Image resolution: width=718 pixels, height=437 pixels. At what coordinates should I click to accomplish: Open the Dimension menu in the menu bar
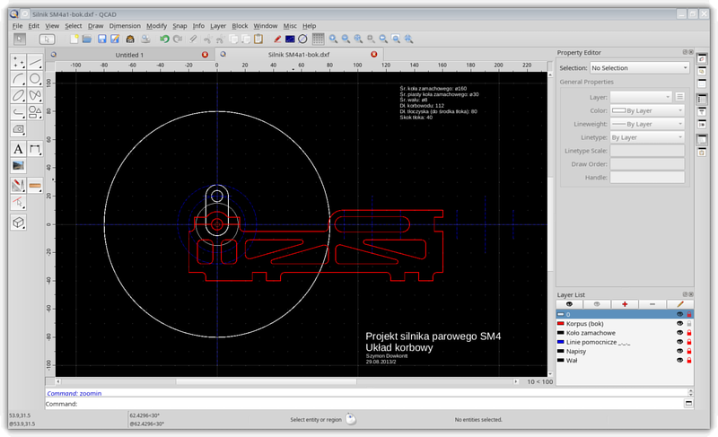point(124,26)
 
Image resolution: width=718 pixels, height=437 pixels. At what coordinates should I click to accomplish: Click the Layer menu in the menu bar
point(218,26)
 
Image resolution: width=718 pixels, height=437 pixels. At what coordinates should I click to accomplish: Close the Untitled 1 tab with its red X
point(205,55)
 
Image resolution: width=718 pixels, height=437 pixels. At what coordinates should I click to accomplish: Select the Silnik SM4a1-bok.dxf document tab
point(299,55)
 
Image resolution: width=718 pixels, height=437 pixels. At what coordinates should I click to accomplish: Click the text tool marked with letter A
point(18,149)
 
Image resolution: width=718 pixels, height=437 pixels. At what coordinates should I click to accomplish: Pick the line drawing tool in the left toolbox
point(35,63)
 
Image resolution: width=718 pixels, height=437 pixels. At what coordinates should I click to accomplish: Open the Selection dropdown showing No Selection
point(638,68)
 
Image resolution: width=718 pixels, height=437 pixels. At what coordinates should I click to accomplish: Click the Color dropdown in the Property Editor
point(647,109)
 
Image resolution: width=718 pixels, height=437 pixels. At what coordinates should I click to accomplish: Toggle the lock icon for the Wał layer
point(688,362)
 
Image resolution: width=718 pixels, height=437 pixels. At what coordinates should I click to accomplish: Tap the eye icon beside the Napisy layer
point(679,353)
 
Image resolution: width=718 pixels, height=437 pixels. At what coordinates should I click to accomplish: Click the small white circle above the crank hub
point(216,197)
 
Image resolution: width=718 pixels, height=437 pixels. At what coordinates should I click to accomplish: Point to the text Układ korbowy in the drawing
point(400,347)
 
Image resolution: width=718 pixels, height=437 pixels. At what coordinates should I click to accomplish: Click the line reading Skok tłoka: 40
point(416,118)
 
